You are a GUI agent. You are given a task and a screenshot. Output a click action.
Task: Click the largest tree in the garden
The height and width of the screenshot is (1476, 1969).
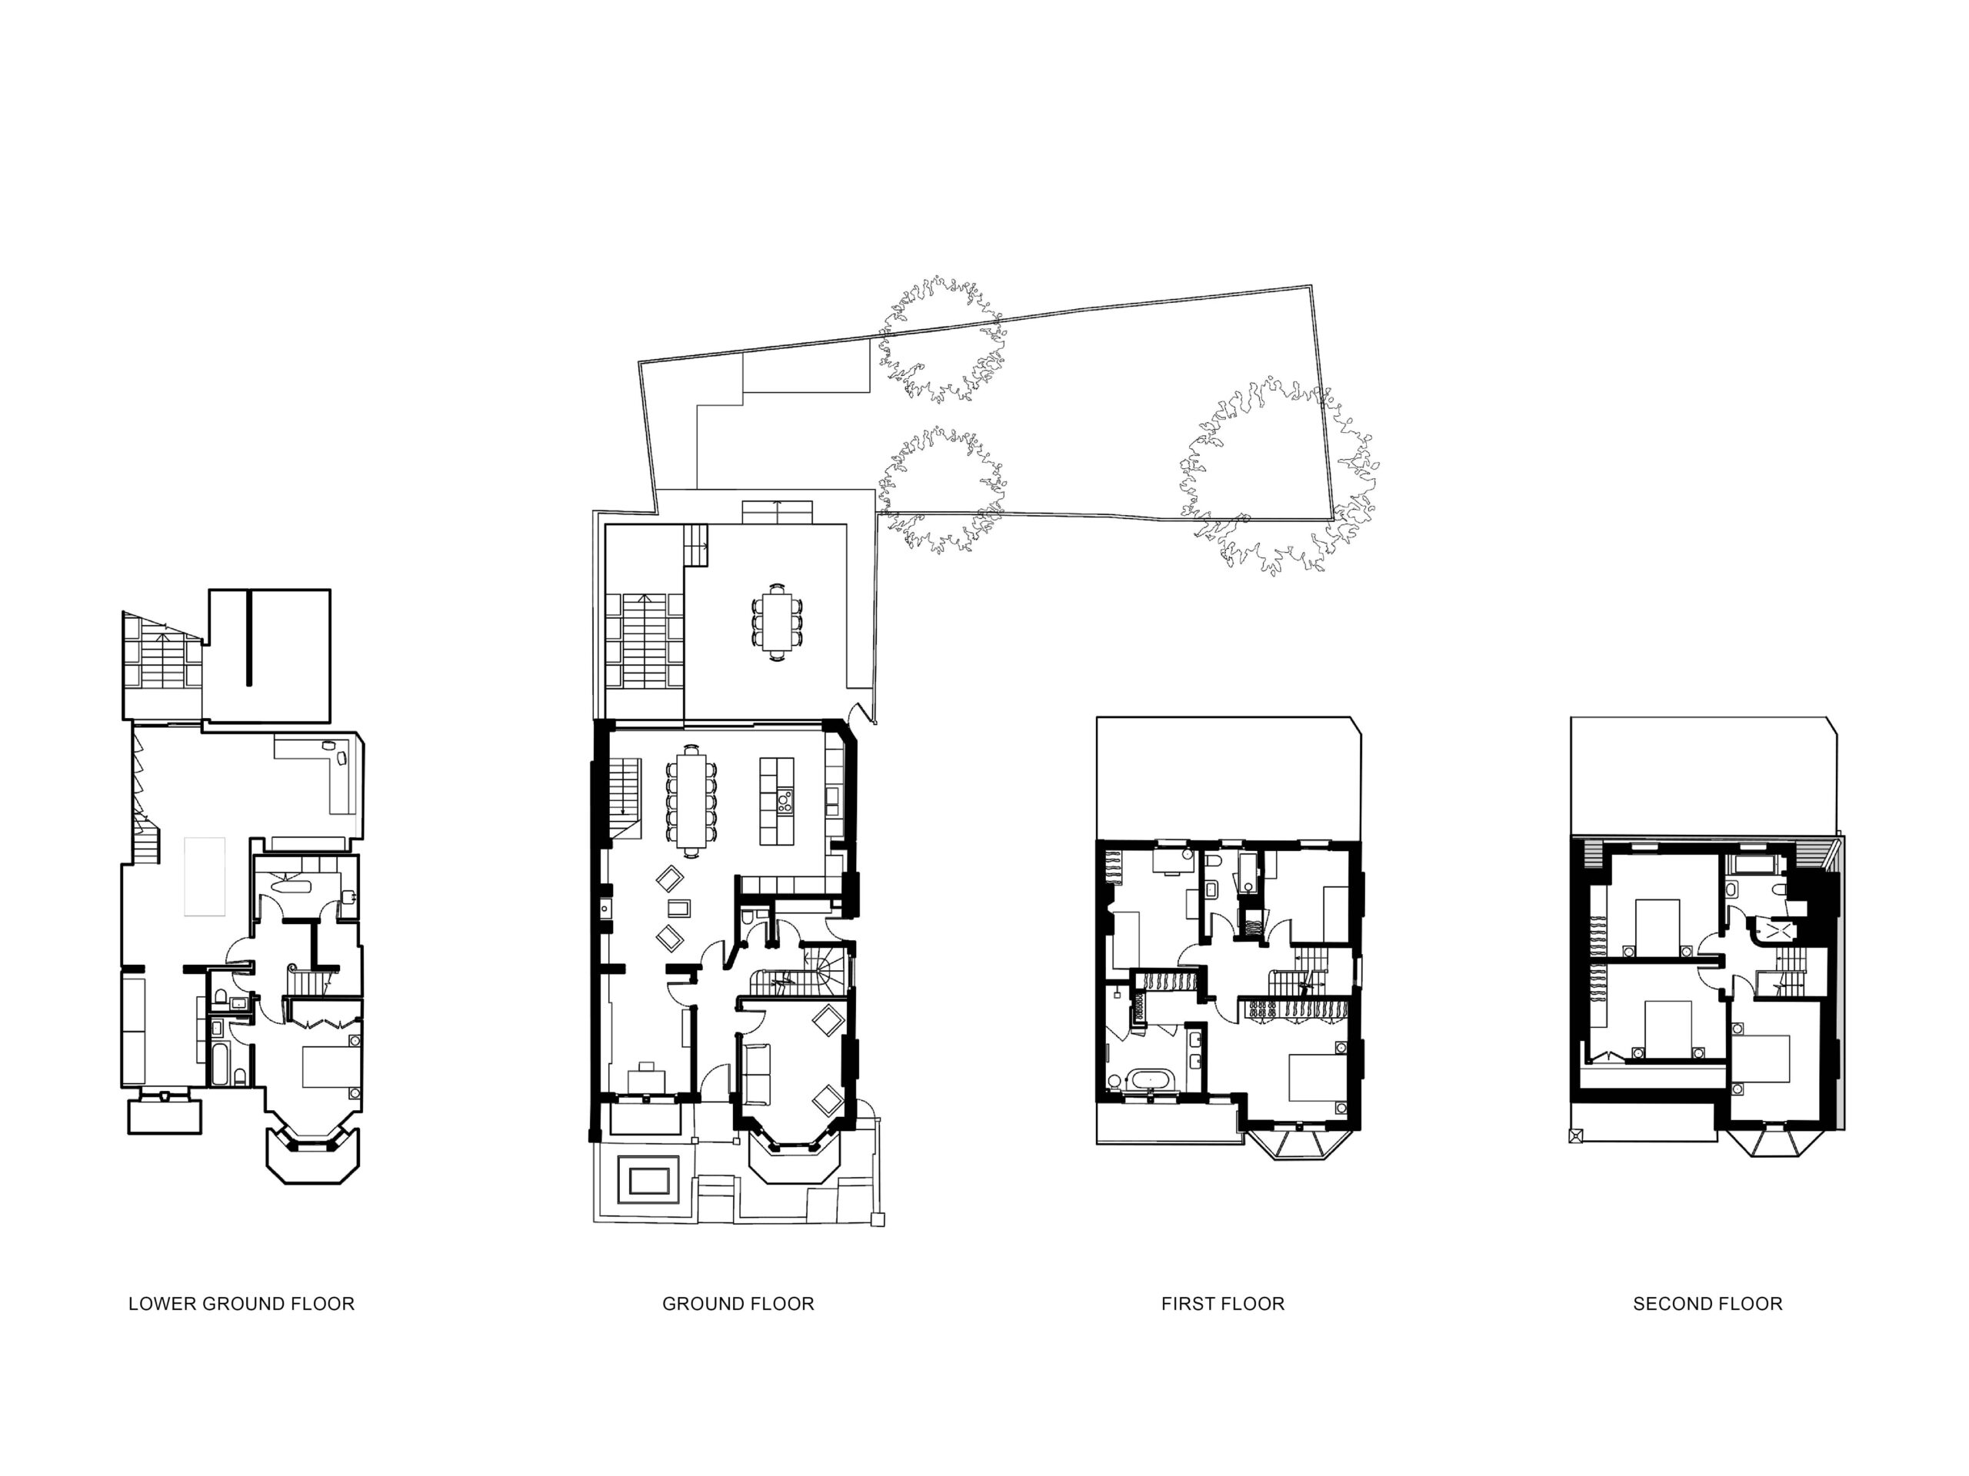point(1278,476)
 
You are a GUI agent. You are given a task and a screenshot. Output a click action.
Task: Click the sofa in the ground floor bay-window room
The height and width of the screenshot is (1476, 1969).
point(756,1073)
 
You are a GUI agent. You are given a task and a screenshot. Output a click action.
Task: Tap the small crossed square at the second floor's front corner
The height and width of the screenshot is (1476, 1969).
point(1577,1135)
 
